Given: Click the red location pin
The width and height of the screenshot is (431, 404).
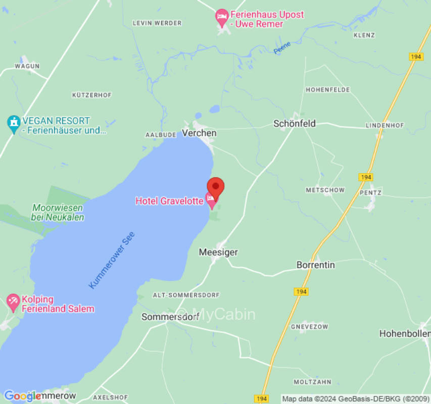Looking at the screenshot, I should pos(216,186).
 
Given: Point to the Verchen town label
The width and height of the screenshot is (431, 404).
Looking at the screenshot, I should pos(199,133).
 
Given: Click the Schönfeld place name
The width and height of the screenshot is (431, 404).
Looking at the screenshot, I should pos(295,123).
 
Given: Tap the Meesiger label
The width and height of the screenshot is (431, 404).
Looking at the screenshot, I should pos(218,252).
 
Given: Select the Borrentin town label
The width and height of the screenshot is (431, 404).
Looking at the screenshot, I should pos(315,265).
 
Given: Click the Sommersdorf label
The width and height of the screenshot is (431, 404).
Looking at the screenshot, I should pos(170,317).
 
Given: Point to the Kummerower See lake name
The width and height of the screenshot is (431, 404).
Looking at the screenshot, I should pos(112,261).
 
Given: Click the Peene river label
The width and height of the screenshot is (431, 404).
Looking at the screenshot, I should pos(282,48).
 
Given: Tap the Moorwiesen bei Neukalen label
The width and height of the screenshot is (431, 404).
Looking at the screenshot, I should pos(58,213).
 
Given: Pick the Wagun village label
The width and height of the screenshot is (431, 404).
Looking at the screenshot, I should pos(27,66).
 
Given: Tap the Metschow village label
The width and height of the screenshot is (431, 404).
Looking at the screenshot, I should pos(325,190).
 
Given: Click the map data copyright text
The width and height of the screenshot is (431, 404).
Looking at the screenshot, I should pos(355,399).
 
